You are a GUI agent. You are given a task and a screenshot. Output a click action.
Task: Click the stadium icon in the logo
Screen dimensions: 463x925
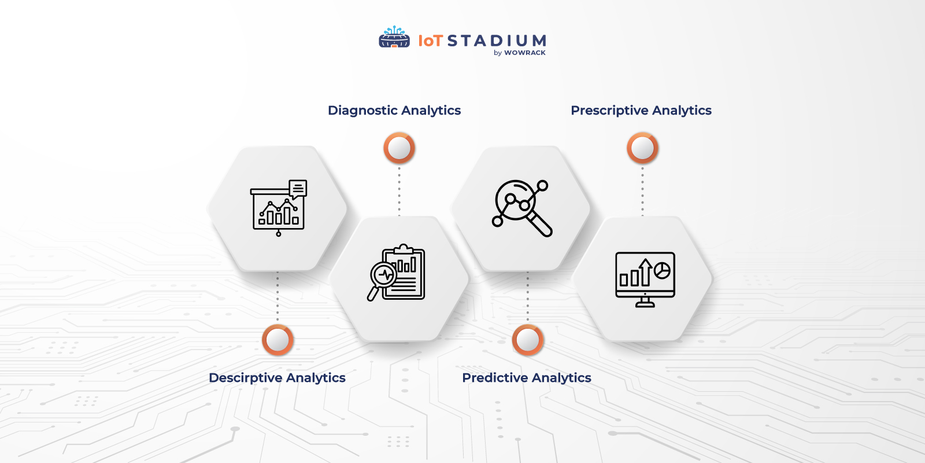click(394, 38)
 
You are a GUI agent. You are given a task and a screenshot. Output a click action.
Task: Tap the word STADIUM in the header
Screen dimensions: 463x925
click(497, 41)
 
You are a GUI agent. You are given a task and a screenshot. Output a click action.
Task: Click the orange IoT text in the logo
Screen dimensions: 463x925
click(430, 41)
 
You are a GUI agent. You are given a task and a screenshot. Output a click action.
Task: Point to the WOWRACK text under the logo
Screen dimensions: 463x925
click(524, 53)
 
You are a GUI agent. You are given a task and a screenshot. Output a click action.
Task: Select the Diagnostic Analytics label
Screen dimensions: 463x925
click(394, 111)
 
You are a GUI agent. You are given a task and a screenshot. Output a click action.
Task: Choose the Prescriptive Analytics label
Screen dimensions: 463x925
click(641, 111)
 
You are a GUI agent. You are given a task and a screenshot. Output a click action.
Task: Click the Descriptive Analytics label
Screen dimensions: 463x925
click(277, 378)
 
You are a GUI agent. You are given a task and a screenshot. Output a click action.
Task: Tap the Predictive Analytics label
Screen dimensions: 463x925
click(527, 378)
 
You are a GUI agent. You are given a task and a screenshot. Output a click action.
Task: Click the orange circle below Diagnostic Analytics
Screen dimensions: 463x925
click(399, 148)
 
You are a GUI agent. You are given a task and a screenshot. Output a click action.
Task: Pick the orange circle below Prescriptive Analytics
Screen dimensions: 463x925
click(642, 148)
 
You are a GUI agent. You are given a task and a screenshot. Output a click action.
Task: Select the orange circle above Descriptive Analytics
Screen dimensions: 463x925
click(277, 340)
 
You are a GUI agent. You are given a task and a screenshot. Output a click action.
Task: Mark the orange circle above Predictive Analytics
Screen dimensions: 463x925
click(527, 340)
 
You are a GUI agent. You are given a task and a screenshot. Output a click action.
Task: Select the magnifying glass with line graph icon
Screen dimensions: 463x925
click(521, 207)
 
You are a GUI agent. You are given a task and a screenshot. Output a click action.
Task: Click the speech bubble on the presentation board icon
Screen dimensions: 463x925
click(298, 188)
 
